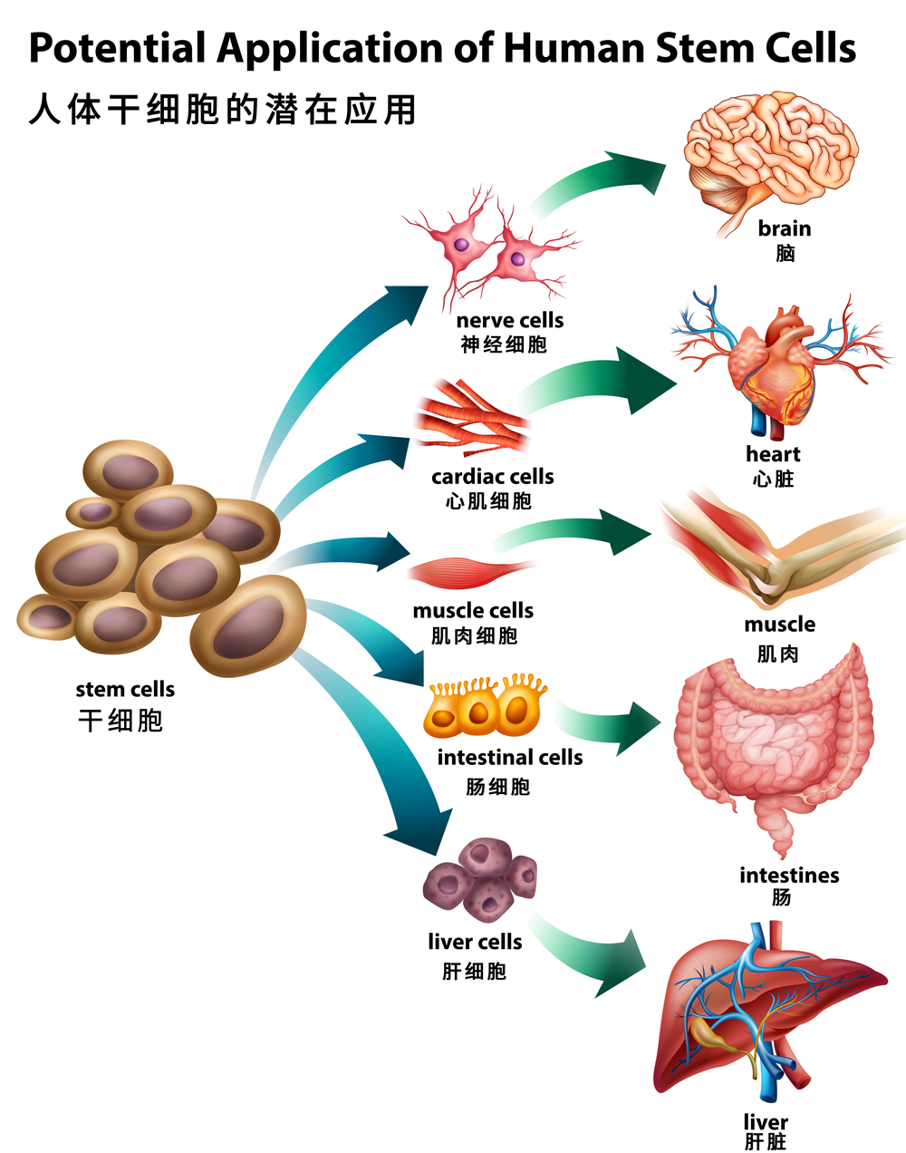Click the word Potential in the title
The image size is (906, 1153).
(119, 48)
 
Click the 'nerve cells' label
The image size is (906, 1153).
(509, 321)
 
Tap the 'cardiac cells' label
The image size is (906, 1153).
(492, 477)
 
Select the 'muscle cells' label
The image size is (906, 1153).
(473, 611)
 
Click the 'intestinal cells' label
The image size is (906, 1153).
(510, 758)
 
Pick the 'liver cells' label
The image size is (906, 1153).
(475, 943)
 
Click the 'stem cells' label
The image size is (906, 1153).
(125, 690)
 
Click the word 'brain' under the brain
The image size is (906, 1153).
(785, 228)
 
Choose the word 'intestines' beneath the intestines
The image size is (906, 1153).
(789, 876)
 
